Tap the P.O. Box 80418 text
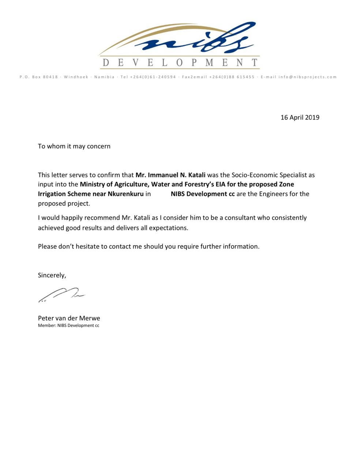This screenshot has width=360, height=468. pyautogui.click(x=39, y=77)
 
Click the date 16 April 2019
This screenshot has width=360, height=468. pyautogui.click(x=300, y=117)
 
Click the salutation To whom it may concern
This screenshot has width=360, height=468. pyautogui.click(x=74, y=146)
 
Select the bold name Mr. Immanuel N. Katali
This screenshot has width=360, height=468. pyautogui.click(x=170, y=175)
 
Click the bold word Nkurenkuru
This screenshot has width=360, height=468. pyautogui.click(x=125, y=194)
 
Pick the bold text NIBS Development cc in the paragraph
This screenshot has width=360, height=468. pyautogui.click(x=203, y=194)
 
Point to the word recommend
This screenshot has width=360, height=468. pyautogui.click(x=102, y=218)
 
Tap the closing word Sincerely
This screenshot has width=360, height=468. pyautogui.click(x=52, y=275)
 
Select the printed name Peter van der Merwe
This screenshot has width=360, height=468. pyautogui.click(x=69, y=318)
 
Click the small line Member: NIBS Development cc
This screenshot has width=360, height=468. pyautogui.click(x=68, y=325)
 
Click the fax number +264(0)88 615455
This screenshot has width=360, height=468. pyautogui.click(x=232, y=77)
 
